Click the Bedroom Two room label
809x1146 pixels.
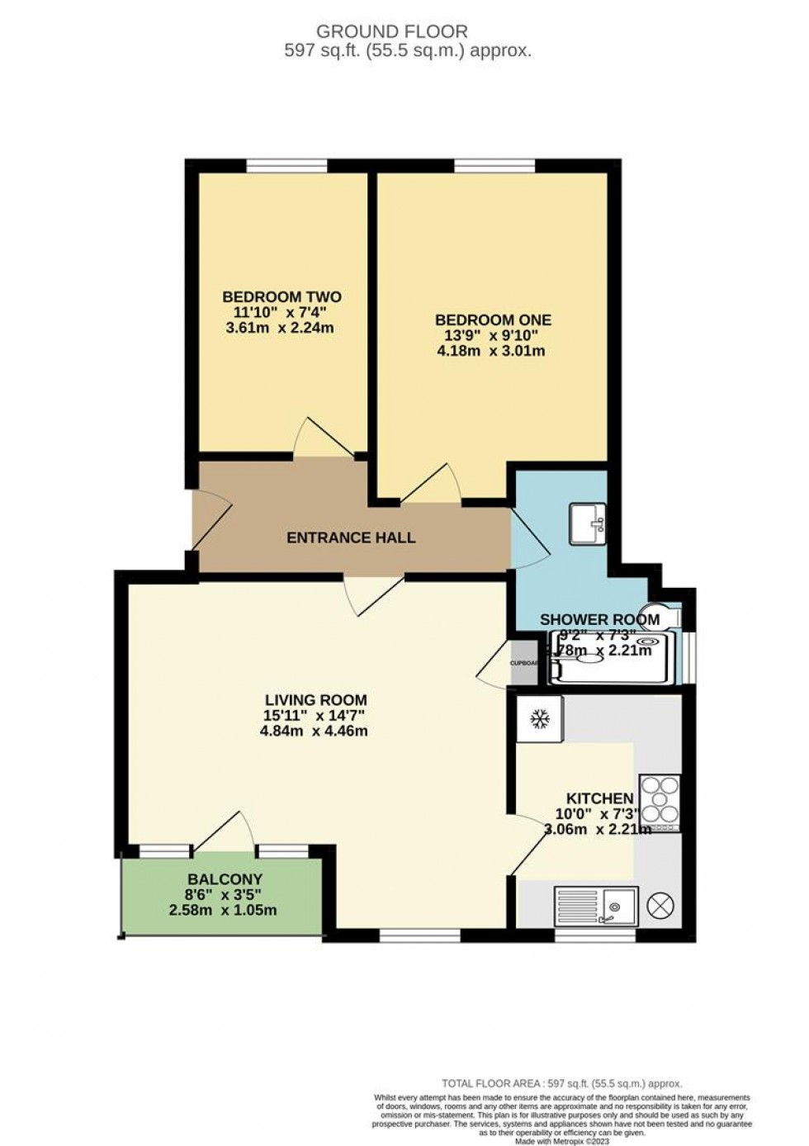tap(281, 297)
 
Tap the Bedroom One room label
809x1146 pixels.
tap(493, 320)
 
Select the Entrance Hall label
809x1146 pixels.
tap(351, 537)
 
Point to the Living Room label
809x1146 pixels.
tap(314, 700)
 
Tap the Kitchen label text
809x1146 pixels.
tap(599, 798)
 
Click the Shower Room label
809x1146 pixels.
tap(599, 620)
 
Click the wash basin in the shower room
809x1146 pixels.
tap(588, 523)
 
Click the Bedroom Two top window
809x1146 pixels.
tap(286, 167)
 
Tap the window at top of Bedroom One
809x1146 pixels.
tap(494, 167)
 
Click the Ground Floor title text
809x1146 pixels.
tap(392, 31)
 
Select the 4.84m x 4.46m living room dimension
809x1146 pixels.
tap(314, 731)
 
